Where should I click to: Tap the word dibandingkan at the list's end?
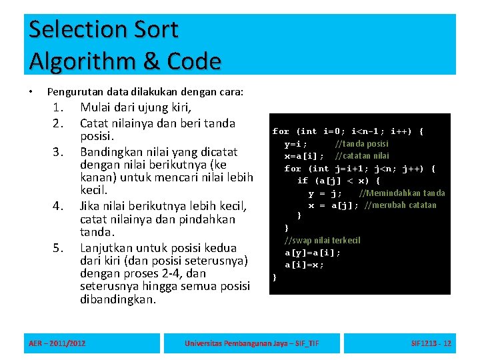pyautogui.click(x=117, y=299)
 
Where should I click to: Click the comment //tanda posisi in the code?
pyautogui.click(x=362, y=144)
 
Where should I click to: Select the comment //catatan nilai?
pyautogui.click(x=362, y=156)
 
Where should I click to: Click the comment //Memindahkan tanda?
pyautogui.click(x=402, y=193)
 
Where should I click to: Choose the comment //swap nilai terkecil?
pyautogui.click(x=322, y=240)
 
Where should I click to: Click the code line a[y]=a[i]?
pyautogui.click(x=313, y=253)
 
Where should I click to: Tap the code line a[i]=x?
pyautogui.click(x=305, y=265)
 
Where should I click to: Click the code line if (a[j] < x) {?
pyautogui.click(x=339, y=181)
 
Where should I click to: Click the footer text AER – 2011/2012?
pyautogui.click(x=57, y=343)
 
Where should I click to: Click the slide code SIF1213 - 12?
pyautogui.click(x=431, y=343)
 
